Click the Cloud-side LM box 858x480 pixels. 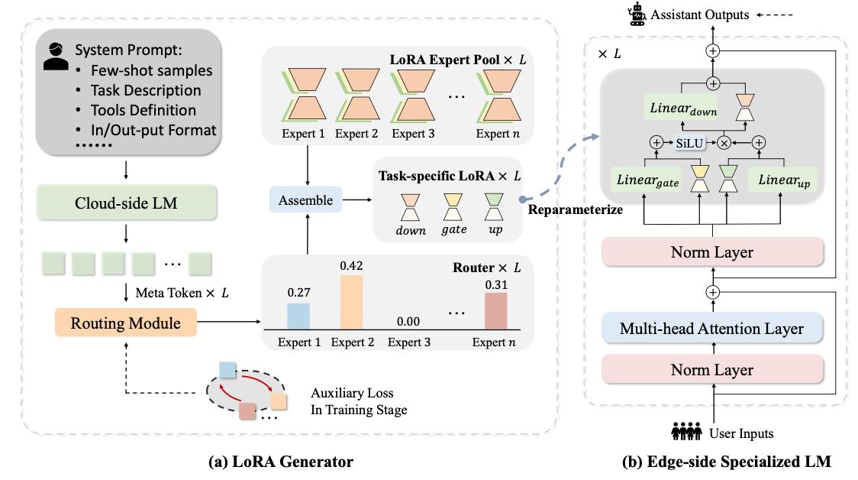(127, 203)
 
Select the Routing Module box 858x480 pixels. (125, 323)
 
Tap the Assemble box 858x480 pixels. (305, 200)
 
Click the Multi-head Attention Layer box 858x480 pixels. (712, 328)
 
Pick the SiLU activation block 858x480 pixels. (689, 143)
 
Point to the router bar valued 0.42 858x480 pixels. (351, 302)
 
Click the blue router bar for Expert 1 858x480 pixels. (298, 316)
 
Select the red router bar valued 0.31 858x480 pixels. (495, 311)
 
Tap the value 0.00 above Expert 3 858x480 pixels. (408, 322)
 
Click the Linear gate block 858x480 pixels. (648, 180)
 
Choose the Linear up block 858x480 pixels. (784, 180)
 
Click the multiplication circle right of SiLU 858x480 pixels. (724, 143)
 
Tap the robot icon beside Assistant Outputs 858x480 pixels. (637, 15)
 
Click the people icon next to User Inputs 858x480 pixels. (687, 431)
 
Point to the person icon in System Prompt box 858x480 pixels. (56, 57)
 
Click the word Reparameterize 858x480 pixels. (575, 210)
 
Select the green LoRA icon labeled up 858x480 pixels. (494, 206)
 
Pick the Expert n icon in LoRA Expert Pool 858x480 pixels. (499, 95)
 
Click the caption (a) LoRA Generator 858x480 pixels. (281, 462)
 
